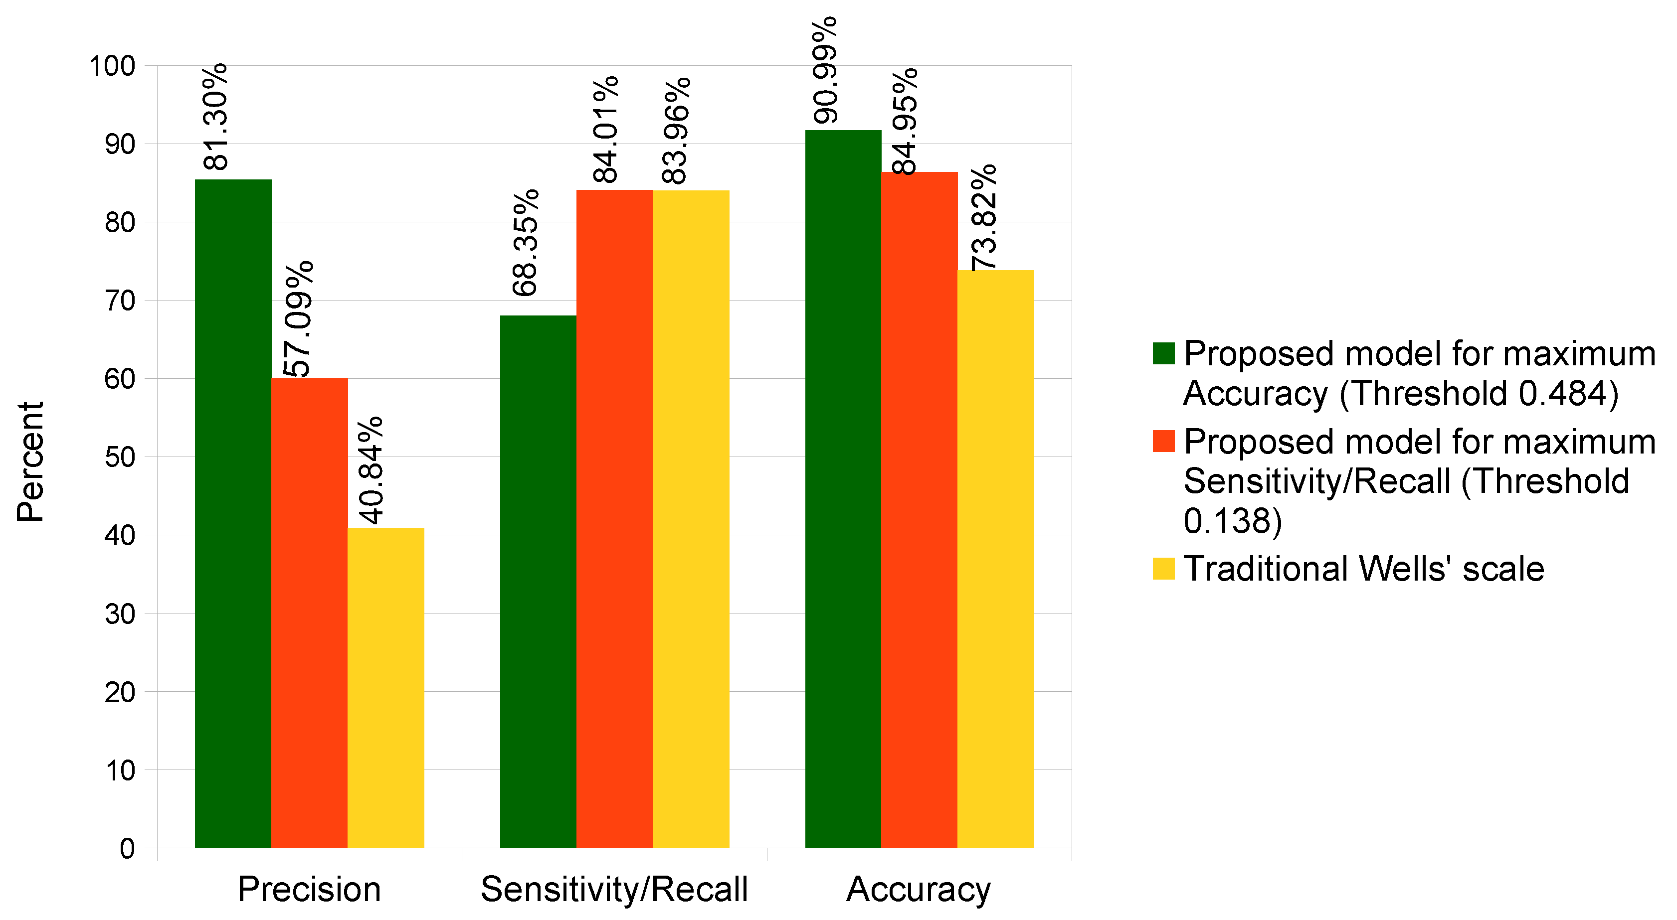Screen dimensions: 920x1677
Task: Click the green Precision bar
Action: pos(233,514)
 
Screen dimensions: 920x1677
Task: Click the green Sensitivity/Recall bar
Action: pos(538,582)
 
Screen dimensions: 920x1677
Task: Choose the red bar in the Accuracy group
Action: pos(919,510)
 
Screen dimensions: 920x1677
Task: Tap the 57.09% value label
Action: pos(299,319)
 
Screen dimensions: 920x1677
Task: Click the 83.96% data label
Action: pos(675,131)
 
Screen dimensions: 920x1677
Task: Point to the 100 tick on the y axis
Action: pos(112,66)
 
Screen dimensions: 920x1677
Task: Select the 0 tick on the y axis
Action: pos(128,848)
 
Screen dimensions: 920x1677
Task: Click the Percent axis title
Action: pos(30,461)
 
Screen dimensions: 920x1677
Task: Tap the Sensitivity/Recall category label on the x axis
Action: pos(614,890)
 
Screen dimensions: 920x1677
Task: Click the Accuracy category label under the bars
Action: pos(918,890)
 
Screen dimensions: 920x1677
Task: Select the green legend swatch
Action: pos(1163,354)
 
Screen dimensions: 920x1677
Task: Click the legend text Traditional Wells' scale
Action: pos(1363,569)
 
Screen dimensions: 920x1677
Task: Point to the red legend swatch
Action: pos(1163,441)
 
